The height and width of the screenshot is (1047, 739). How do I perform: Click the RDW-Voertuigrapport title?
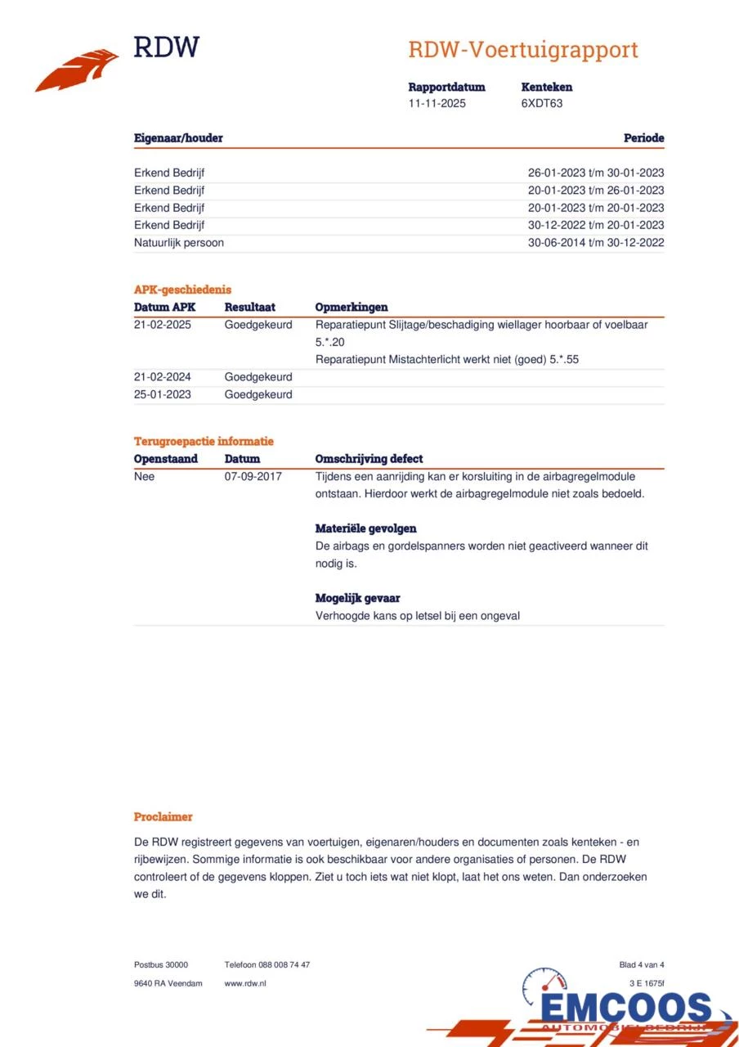point(522,50)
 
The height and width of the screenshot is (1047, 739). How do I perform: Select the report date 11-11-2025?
point(437,104)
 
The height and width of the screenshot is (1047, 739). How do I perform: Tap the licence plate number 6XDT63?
point(542,104)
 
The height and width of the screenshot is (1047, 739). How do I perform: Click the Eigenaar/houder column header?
point(178,138)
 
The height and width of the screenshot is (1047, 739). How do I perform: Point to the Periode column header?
point(643,138)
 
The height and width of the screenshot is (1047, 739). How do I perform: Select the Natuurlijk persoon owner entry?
point(179,243)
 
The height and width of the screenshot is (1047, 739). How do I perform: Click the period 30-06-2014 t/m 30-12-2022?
point(596,243)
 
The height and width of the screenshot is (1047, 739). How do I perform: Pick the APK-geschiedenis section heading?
point(182,290)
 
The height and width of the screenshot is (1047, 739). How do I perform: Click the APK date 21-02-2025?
point(162,325)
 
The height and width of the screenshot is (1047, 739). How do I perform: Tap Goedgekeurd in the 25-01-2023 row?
point(258,394)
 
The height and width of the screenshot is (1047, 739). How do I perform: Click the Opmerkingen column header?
point(352,308)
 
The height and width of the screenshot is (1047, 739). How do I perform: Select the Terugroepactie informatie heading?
point(204,442)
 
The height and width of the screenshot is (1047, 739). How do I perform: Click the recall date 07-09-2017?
point(253,476)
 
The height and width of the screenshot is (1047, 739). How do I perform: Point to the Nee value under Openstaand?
point(144,476)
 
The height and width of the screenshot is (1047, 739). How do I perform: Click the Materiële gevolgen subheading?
point(365,528)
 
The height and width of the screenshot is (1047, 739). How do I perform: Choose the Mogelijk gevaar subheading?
point(357,598)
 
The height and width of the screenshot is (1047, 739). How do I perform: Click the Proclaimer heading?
point(163,816)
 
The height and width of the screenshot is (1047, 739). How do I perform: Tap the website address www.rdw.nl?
point(245,983)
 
